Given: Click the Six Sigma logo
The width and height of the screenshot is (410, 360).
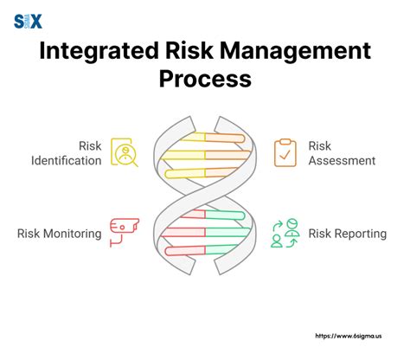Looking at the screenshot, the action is coord(28,22).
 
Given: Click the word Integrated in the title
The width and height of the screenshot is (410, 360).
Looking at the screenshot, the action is coord(99,52).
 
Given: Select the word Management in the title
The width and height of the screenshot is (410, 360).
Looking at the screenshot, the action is coord(295,52).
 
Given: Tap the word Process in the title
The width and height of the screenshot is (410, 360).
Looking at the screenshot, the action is coord(205,79).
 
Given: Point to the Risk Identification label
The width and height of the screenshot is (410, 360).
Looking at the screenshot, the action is coord(67,153).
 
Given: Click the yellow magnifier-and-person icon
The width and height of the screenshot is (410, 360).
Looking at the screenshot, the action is coord(125,152).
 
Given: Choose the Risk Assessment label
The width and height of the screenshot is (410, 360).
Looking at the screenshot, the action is coord(342,153).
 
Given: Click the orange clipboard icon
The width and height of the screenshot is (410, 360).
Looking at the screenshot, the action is coord(285,152).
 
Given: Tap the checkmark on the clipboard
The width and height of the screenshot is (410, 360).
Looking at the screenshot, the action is coord(285,156).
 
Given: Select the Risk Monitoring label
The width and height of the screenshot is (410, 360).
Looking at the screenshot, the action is coord(60,234).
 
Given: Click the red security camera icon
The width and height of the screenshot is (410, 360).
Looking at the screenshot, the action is coord(125,233).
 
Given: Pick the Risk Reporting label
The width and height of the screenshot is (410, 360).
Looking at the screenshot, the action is coord(348,234).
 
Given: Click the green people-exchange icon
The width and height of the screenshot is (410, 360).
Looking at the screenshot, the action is coord(285,233).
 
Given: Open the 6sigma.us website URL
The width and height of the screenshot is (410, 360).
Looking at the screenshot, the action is coord(349,336).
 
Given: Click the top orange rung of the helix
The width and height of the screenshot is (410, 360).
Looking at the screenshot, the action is coord(225,138).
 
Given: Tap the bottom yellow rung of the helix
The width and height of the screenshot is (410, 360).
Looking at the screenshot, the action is coord(185,173).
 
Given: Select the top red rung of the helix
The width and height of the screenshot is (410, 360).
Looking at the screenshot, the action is coord(193,214).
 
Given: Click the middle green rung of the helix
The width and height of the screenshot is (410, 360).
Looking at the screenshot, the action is coord(227,232).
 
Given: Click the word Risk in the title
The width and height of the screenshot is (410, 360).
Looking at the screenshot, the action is coord(189,51).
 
